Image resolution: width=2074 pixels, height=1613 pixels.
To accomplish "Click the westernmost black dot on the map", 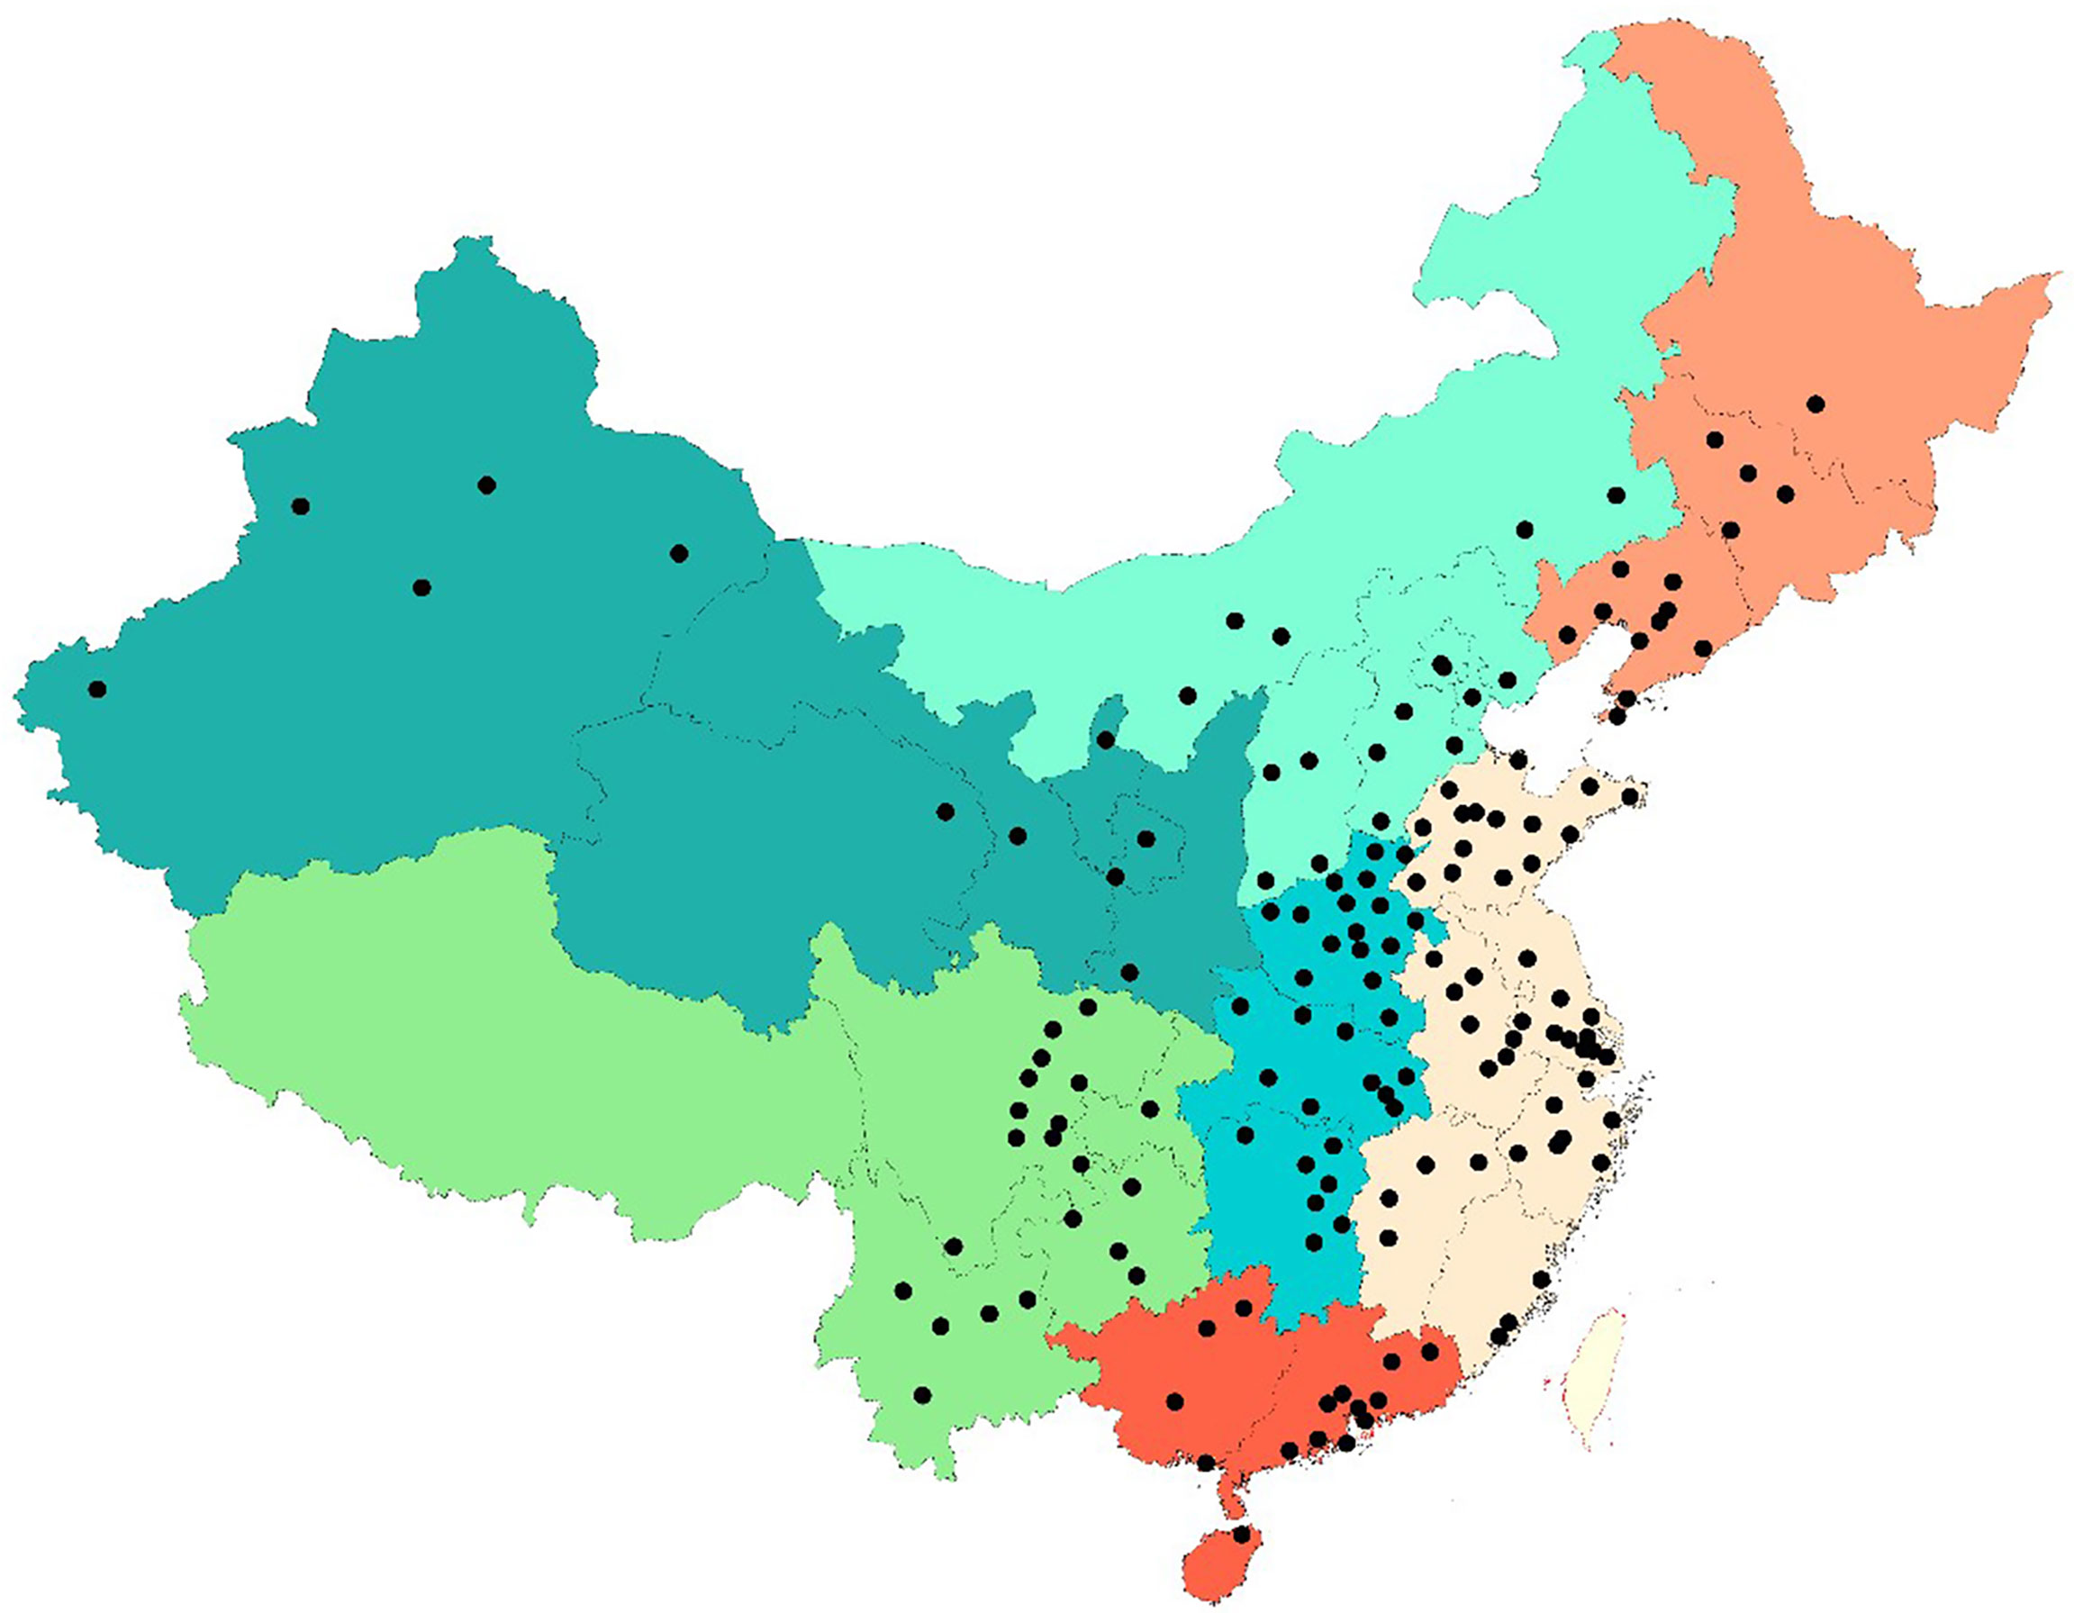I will click(x=97, y=689).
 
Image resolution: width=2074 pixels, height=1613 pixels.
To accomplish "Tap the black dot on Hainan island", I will click(x=1243, y=1534).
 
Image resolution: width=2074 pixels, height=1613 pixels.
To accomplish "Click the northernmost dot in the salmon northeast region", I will click(x=1816, y=403).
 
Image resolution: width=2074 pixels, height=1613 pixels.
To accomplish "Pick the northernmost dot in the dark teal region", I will click(x=486, y=485).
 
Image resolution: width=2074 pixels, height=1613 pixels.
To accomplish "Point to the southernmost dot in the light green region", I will click(x=921, y=1394).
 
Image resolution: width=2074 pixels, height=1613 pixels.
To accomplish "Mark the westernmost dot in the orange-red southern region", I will click(x=1174, y=1401).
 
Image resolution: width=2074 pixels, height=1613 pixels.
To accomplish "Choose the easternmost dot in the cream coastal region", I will click(x=1631, y=796).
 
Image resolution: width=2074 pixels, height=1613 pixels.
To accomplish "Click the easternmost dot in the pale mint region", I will click(x=1616, y=495).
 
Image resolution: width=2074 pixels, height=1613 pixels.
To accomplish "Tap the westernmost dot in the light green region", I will click(x=903, y=1290).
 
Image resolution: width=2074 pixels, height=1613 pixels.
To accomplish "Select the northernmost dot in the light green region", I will click(x=1088, y=1007).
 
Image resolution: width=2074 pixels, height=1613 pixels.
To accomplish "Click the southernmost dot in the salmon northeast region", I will click(x=1617, y=716).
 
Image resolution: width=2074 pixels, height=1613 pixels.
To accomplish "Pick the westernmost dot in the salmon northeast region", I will click(x=1567, y=634).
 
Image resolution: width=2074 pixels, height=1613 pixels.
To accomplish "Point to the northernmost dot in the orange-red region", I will click(x=1243, y=1308).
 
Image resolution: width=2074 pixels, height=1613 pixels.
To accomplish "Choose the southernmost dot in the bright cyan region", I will click(x=1314, y=1243).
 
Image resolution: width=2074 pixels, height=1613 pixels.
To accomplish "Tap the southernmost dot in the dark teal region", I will click(x=1129, y=972).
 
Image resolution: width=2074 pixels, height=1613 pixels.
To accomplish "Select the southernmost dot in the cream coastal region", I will click(x=1499, y=1337).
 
